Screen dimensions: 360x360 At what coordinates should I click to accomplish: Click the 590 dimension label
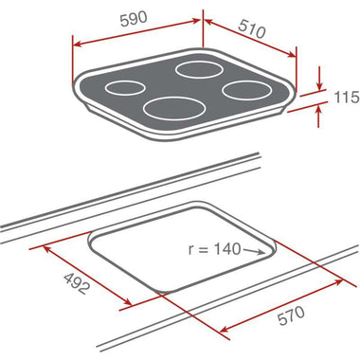134,19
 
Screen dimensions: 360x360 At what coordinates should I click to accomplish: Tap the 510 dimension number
252,29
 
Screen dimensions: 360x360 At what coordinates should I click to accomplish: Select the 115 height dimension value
347,97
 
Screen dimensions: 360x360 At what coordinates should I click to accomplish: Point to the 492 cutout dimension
77,283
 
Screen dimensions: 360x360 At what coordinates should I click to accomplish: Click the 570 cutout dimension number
291,315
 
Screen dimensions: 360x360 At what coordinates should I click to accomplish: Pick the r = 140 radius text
214,249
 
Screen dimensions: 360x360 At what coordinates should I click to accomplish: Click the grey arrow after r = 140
254,251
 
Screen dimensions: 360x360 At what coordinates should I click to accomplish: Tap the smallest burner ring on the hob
125,88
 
